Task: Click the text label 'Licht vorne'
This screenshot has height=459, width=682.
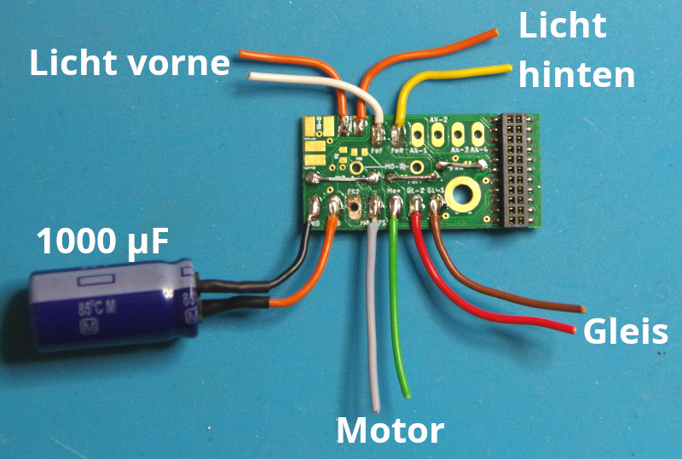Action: (x=130, y=63)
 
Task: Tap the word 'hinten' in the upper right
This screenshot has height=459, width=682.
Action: (x=577, y=76)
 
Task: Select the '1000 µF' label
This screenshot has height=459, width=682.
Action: (x=101, y=242)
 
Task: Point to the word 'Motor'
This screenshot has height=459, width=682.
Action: (x=390, y=431)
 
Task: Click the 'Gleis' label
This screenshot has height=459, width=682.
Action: (x=625, y=332)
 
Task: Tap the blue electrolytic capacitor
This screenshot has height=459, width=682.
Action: (x=111, y=307)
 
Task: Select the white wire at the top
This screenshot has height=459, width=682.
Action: (x=315, y=82)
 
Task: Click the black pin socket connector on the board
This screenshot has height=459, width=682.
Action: (x=516, y=171)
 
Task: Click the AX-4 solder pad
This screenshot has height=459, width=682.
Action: (x=479, y=132)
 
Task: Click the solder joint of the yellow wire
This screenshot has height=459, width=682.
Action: (x=399, y=134)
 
